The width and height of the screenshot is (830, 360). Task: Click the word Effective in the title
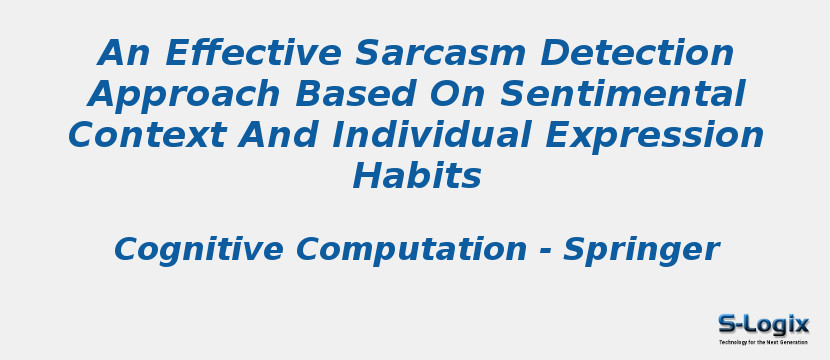(x=253, y=52)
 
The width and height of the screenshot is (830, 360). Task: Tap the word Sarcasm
(x=440, y=52)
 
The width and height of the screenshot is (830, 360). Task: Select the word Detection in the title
(x=637, y=52)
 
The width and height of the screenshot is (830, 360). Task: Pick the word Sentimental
(x=623, y=94)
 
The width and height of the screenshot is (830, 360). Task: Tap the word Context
(x=147, y=135)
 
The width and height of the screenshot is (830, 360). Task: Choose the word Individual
(x=431, y=135)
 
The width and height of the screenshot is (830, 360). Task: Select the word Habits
(x=417, y=176)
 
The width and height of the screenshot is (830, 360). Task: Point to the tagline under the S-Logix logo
(x=763, y=343)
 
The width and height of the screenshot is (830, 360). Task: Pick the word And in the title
(x=278, y=135)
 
